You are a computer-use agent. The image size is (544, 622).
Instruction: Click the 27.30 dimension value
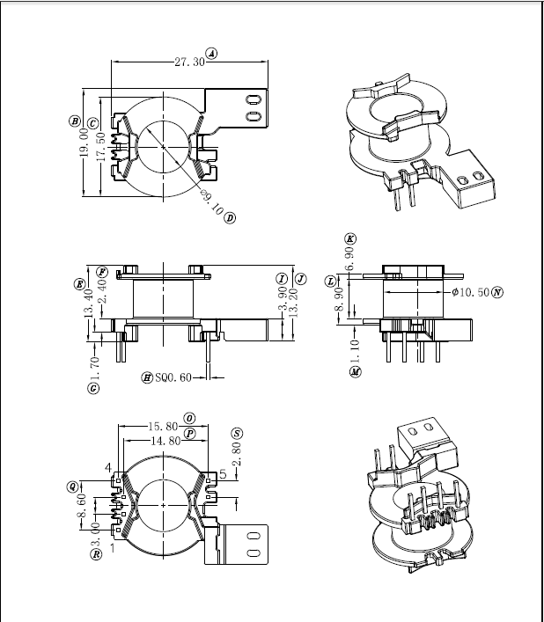pos(188,62)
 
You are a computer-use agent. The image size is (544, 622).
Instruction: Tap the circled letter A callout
pos(212,54)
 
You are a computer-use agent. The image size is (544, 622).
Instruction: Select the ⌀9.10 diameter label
pos(210,202)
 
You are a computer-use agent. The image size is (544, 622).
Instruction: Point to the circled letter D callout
pos(230,217)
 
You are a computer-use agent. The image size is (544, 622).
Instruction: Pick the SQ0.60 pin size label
pos(173,377)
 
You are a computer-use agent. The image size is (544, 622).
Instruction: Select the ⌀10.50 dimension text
pos(471,291)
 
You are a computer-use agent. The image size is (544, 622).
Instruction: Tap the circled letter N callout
pos(497,291)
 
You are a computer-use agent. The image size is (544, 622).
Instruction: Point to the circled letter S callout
pos(237,433)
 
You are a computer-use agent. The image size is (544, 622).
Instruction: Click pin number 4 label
pos(108,467)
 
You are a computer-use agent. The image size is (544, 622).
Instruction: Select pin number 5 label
pos(223,474)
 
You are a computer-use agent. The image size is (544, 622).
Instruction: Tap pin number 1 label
pos(112,547)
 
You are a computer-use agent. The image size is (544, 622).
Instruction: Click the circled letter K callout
pos(350,238)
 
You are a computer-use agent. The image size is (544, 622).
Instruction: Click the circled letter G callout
pos(93,388)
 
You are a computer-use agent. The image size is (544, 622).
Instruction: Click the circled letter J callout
pos(301,278)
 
